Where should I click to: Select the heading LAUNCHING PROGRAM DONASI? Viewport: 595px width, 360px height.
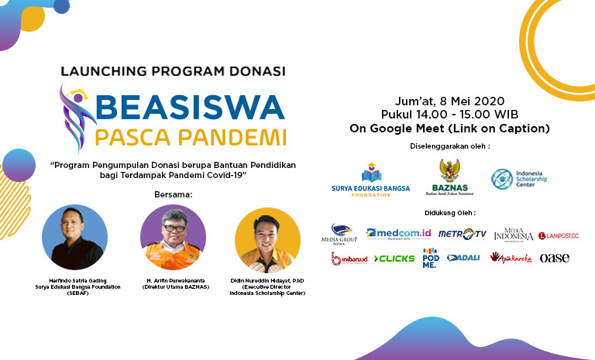point(173,71)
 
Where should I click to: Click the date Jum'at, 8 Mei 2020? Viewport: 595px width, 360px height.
point(449,101)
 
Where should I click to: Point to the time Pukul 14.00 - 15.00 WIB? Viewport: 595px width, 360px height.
point(449,114)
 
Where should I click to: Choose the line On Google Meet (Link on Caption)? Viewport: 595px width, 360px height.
point(449,128)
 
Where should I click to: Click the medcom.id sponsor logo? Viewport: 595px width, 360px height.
point(398,233)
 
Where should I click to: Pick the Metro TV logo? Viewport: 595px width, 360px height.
point(462,234)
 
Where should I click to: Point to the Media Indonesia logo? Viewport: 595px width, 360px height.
point(513,233)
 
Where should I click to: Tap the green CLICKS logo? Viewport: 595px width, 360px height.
point(394,259)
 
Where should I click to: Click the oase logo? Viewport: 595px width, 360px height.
point(554,258)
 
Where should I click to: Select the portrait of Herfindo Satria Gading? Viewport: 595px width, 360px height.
point(74,237)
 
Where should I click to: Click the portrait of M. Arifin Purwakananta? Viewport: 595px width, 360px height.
point(173,237)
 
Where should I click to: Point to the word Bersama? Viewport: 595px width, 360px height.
point(174,194)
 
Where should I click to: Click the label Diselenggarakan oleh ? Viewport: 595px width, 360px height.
point(449,146)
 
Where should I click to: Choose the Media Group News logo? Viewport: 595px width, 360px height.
point(342,234)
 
